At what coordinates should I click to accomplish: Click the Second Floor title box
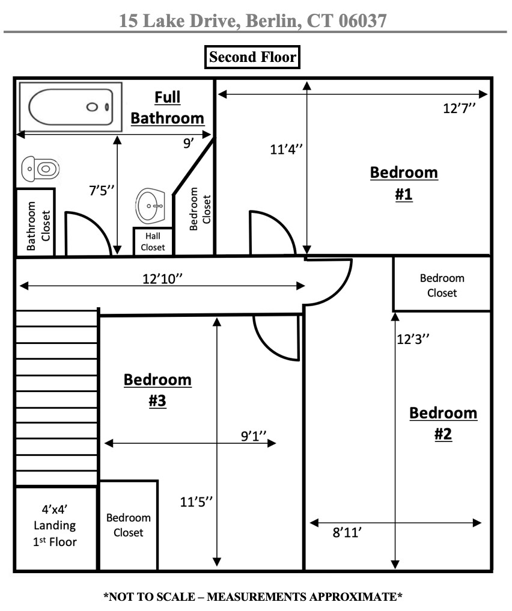click(x=252, y=57)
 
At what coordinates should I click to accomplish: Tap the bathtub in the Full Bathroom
click(x=70, y=107)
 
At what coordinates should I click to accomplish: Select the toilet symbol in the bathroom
click(x=40, y=169)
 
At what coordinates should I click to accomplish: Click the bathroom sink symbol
click(x=150, y=206)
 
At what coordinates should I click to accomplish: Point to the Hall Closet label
click(x=153, y=242)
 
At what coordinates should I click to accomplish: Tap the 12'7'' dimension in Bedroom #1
click(x=459, y=108)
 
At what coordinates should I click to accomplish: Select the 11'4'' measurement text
click(x=286, y=149)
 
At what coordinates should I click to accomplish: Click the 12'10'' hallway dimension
click(x=162, y=279)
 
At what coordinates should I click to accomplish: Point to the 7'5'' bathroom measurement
click(x=102, y=191)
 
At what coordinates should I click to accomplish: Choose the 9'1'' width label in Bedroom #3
click(x=254, y=436)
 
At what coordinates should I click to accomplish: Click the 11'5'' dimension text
click(x=197, y=502)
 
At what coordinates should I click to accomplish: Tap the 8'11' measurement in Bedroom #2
click(x=347, y=532)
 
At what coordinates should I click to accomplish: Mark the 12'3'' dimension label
click(x=413, y=339)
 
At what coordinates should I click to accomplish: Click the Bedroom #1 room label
click(x=404, y=183)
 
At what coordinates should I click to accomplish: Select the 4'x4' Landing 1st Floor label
click(x=55, y=525)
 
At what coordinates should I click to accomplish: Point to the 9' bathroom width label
click(x=189, y=143)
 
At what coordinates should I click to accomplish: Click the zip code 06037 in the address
click(x=362, y=21)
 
